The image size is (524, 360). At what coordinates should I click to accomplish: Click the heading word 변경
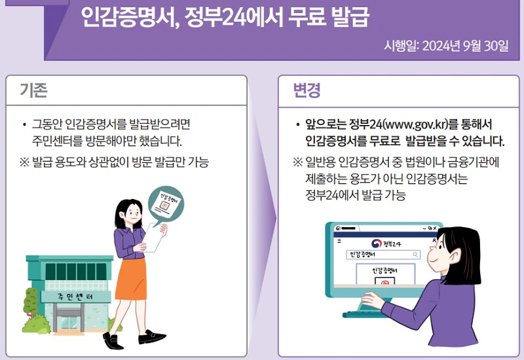pos(307,91)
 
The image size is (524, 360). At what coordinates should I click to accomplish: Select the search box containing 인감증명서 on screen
pos(383,255)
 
